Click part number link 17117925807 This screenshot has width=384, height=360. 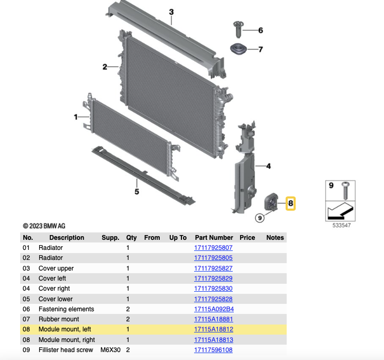coord(213,248)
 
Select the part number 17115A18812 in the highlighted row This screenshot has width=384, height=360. coord(213,329)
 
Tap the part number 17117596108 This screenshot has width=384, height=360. coord(213,350)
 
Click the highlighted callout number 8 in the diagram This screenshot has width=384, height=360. coord(291,203)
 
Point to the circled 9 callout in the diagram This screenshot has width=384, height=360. coord(259,218)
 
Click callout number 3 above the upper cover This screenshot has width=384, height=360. coord(171,12)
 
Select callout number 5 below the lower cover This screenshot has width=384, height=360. coord(136,192)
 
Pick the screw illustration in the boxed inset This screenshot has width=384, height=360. coord(345,188)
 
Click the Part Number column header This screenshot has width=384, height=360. coord(214,238)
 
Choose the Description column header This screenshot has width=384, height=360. coord(67,238)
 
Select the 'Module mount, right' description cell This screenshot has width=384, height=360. coord(67,340)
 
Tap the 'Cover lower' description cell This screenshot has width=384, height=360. coord(56,299)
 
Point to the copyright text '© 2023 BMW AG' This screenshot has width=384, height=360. coord(44,226)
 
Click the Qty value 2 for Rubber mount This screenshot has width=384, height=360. coord(128,319)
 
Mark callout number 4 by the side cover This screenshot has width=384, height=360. coord(268,166)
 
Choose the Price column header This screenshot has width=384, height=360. coord(247,238)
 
